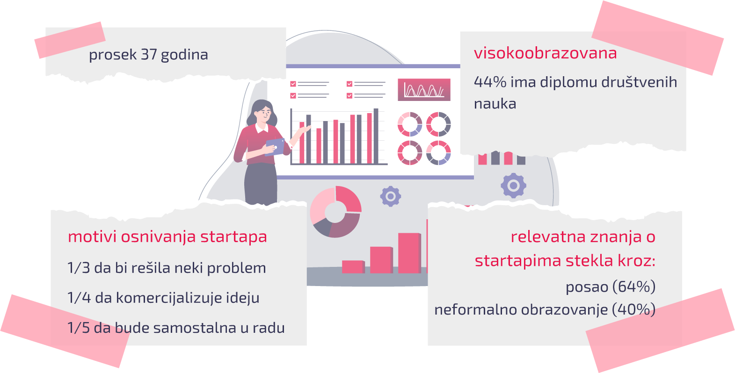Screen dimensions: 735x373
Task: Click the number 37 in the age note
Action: click(x=149, y=54)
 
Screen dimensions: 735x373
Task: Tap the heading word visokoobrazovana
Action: click(x=545, y=53)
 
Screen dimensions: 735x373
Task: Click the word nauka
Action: click(x=495, y=104)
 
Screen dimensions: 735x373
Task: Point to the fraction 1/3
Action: click(x=79, y=268)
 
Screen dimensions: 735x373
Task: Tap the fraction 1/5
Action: click(x=79, y=328)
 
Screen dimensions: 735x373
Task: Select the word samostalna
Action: click(x=195, y=328)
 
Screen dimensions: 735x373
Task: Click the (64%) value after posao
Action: click(x=633, y=287)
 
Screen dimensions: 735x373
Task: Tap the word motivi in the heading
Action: click(x=92, y=237)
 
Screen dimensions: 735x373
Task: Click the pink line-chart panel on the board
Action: click(x=424, y=89)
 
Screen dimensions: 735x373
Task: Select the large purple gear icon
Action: click(x=514, y=186)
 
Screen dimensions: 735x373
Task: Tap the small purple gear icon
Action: click(x=391, y=196)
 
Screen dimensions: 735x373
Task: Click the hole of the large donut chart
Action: click(x=335, y=212)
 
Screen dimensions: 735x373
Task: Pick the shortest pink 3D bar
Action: click(x=353, y=266)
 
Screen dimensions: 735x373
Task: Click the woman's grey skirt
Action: click(x=261, y=184)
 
